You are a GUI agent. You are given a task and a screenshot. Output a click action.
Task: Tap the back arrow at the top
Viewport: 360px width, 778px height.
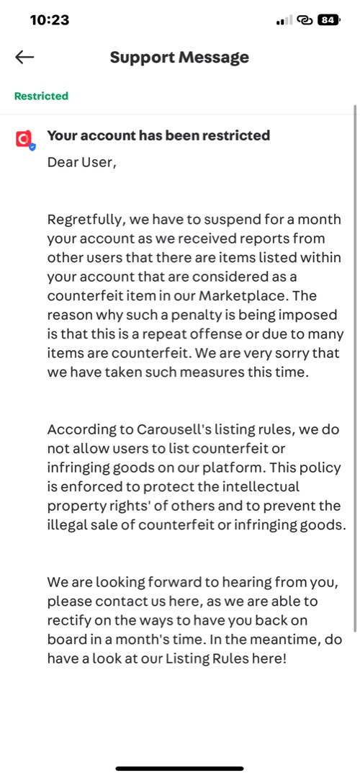coord(24,58)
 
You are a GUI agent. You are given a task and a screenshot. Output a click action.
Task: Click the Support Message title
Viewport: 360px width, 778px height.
coord(179,58)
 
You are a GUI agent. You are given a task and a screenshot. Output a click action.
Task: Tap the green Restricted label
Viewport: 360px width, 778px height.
coord(41,96)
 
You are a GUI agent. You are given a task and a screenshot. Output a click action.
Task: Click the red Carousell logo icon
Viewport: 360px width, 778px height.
coord(24,138)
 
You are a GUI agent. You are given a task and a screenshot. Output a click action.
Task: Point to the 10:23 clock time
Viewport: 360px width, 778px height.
coord(49,20)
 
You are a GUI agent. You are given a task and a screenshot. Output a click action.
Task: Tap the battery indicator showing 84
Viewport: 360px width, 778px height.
coord(328,20)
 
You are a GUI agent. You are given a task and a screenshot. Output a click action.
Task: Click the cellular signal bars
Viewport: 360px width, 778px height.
coord(284,20)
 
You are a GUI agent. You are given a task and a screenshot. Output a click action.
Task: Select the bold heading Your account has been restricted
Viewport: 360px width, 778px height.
coord(158,135)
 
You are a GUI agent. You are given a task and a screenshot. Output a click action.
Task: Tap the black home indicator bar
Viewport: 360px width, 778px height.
coord(180,768)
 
